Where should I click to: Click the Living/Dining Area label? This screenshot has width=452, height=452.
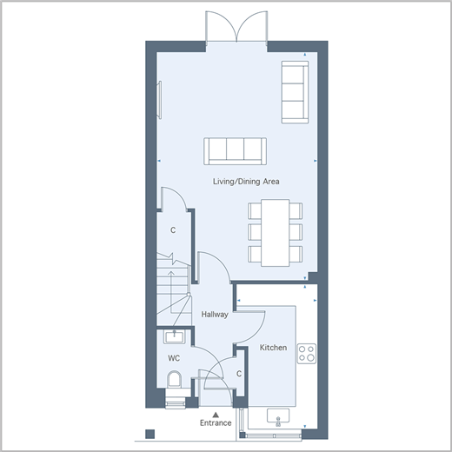246,182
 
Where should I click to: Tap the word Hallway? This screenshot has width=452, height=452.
215,315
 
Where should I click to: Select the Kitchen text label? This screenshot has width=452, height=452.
273,348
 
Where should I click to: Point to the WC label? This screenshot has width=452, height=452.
174,358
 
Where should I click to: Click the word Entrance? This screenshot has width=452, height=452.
216,422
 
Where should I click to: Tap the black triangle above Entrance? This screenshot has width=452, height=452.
216,415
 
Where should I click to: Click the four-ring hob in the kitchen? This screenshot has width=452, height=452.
307,354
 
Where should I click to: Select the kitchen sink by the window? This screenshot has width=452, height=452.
278,416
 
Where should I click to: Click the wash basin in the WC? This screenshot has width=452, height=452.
174,337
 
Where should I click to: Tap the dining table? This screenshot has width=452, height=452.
275,233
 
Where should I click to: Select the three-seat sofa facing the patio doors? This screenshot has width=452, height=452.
235,151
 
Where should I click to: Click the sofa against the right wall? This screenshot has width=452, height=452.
295,92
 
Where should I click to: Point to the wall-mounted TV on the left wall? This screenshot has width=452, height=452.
159,100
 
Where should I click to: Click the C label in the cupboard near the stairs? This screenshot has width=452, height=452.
173,230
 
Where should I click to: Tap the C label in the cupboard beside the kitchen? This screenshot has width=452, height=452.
239,374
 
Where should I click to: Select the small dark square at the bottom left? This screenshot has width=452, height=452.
150,434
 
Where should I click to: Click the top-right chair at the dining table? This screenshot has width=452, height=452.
296,210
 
